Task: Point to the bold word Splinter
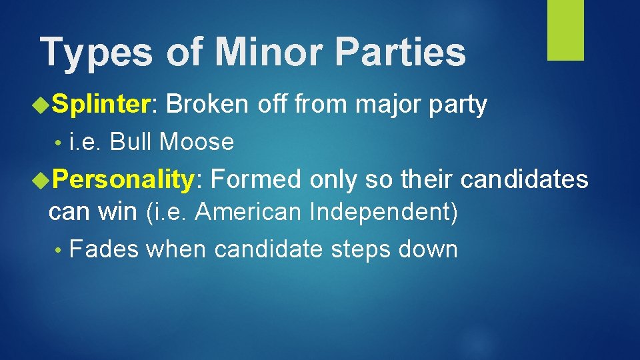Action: click(x=103, y=105)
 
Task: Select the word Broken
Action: click(x=207, y=105)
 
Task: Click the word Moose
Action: click(x=197, y=141)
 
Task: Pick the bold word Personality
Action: click(x=123, y=179)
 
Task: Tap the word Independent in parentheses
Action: click(x=382, y=212)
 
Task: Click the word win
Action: click(x=119, y=212)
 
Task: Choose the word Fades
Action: click(x=104, y=249)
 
